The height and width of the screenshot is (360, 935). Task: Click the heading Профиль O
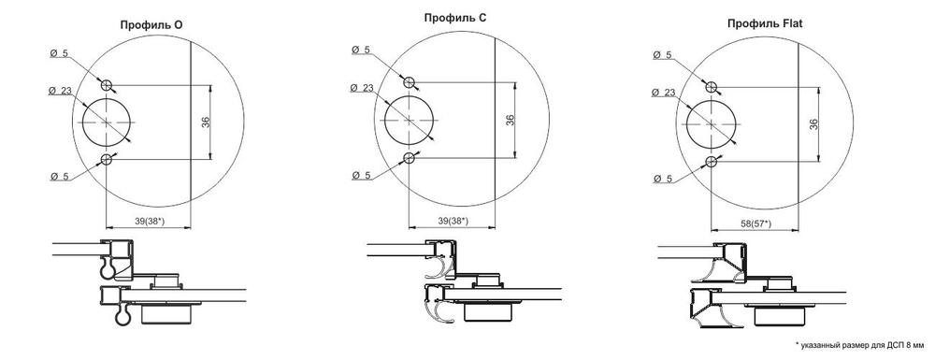point(151,26)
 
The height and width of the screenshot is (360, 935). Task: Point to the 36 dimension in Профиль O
point(206,122)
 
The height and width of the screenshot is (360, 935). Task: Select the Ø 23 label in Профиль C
point(363,88)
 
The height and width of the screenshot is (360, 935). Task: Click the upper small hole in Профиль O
point(108,85)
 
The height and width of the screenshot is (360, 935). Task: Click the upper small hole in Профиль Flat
point(712,86)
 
